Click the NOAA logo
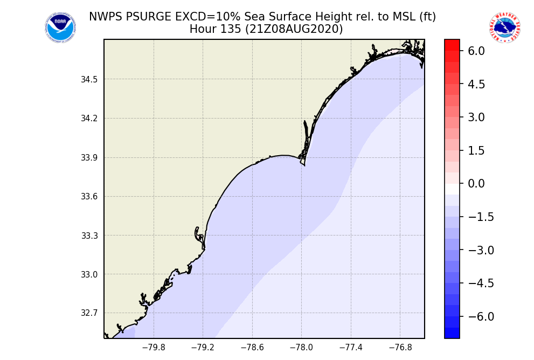[x=60, y=28]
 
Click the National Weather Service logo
[x=504, y=28]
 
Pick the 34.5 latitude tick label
[x=89, y=80]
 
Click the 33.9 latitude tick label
[x=89, y=158]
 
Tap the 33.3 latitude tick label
[x=89, y=236]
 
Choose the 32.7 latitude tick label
[x=89, y=313]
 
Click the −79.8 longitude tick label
[x=154, y=348]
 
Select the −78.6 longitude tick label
[x=252, y=348]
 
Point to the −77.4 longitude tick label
[x=351, y=348]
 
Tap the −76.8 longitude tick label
[x=400, y=348]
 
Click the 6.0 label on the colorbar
[x=477, y=51]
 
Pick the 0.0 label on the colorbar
[x=477, y=184]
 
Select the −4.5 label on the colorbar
[x=474, y=283]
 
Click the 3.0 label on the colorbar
[x=477, y=117]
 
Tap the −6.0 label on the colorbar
[x=474, y=316]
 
